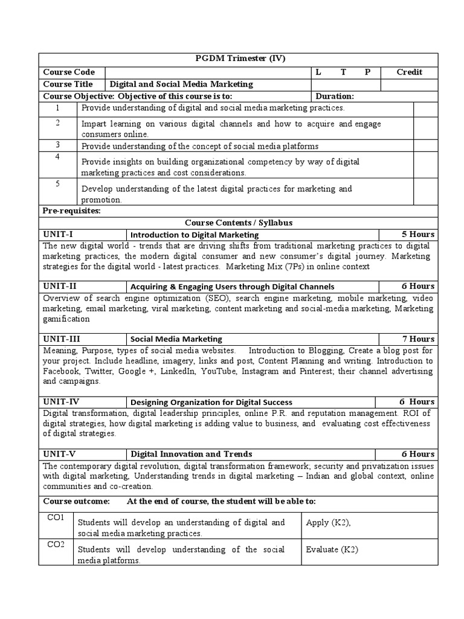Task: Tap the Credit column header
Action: pyautogui.click(x=409, y=72)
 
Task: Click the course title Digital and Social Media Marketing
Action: pyautogui.click(x=181, y=84)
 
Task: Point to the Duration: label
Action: pyautogui.click(x=335, y=96)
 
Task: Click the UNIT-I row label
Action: pyautogui.click(x=59, y=234)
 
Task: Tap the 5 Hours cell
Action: pyautogui.click(x=417, y=234)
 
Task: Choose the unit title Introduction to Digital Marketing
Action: pyautogui.click(x=195, y=235)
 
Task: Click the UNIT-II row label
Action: pyautogui.click(x=60, y=286)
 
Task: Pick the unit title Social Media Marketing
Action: pyautogui.click(x=176, y=339)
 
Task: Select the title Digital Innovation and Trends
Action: pyautogui.click(x=192, y=454)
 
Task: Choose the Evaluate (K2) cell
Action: pyautogui.click(x=333, y=549)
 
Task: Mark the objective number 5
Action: pyautogui.click(x=57, y=184)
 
